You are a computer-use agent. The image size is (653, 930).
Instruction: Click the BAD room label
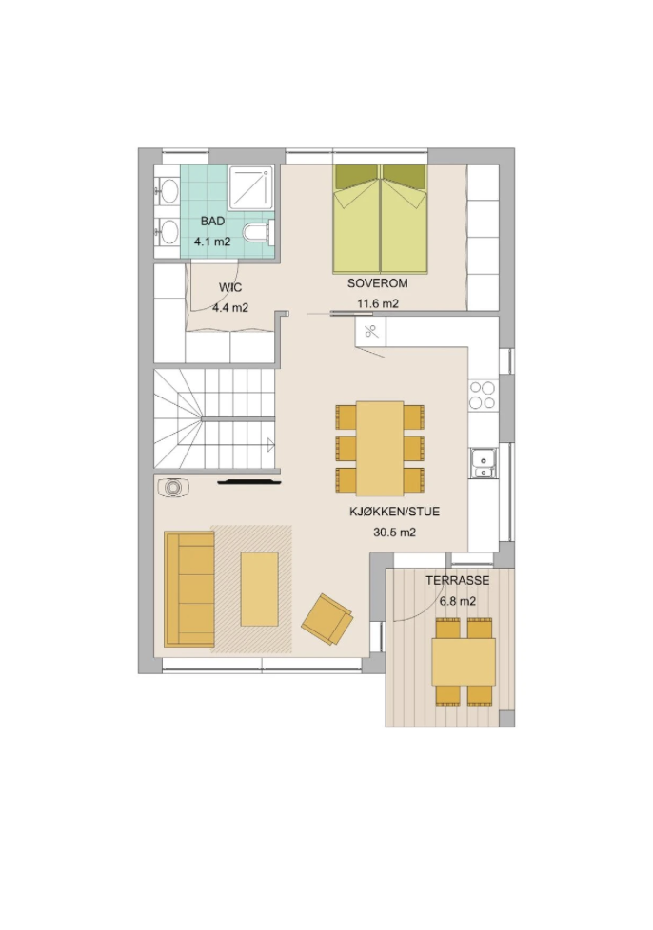click(212, 222)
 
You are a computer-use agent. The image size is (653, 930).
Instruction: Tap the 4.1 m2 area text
click(212, 242)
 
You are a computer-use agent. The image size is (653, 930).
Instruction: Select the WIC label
click(230, 288)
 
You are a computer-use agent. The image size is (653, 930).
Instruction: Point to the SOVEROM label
click(378, 283)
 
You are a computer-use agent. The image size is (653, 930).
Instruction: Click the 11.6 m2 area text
click(378, 303)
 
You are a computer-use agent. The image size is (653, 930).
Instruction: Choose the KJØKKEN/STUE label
click(395, 512)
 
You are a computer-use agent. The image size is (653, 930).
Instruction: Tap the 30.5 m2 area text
click(395, 532)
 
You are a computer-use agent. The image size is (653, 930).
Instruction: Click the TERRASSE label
click(458, 580)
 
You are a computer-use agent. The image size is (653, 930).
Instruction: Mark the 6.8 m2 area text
click(458, 601)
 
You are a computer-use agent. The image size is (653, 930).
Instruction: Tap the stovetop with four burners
click(482, 395)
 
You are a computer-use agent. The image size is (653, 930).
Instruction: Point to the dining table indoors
click(380, 449)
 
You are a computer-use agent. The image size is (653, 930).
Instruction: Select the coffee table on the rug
click(260, 589)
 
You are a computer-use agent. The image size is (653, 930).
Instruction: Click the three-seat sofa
click(189, 589)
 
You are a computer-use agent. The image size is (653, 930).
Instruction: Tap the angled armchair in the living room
click(327, 619)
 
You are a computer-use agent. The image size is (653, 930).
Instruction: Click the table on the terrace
click(464, 662)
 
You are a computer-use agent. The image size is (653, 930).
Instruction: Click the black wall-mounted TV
click(248, 482)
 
